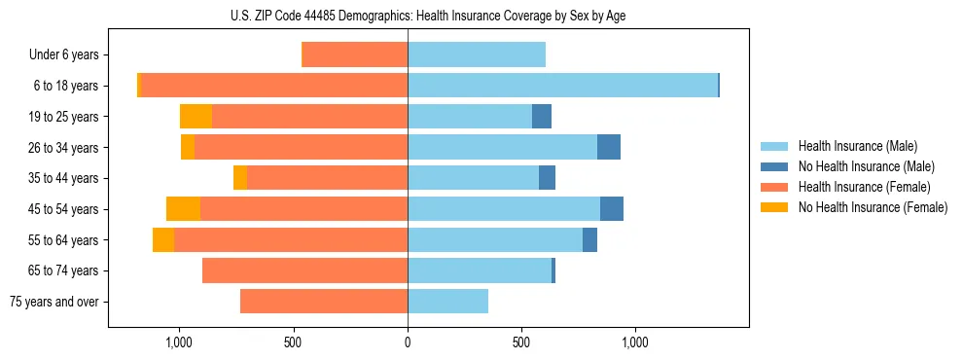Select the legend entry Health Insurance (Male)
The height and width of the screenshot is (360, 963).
(857, 146)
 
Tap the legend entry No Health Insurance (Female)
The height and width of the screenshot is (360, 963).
(873, 207)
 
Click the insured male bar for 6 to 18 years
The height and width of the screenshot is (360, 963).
(562, 86)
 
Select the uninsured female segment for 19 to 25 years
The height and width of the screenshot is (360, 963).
(196, 117)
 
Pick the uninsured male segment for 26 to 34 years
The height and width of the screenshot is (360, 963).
(609, 147)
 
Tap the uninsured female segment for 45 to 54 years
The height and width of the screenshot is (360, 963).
(183, 209)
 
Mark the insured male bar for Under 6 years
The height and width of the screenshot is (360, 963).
(477, 55)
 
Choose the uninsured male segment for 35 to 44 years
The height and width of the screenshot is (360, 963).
(547, 178)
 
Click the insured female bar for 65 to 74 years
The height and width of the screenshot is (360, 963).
(304, 270)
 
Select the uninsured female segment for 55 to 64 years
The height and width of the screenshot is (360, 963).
(163, 240)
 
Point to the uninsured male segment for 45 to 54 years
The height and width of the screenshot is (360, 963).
(612, 209)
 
